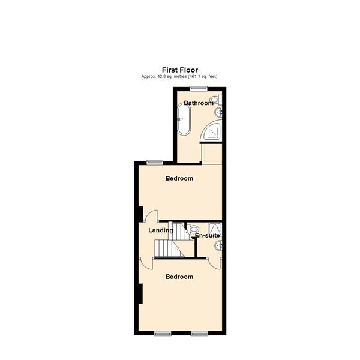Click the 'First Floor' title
coord(179,70)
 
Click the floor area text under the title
coord(179,77)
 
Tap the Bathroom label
coord(198,103)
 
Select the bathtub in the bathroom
coord(182,119)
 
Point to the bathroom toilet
coord(217,100)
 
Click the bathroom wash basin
coord(220,112)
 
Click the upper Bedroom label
coord(179,178)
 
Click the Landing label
coord(161,230)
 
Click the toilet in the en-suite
coord(193,229)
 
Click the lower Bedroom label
coord(179,277)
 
